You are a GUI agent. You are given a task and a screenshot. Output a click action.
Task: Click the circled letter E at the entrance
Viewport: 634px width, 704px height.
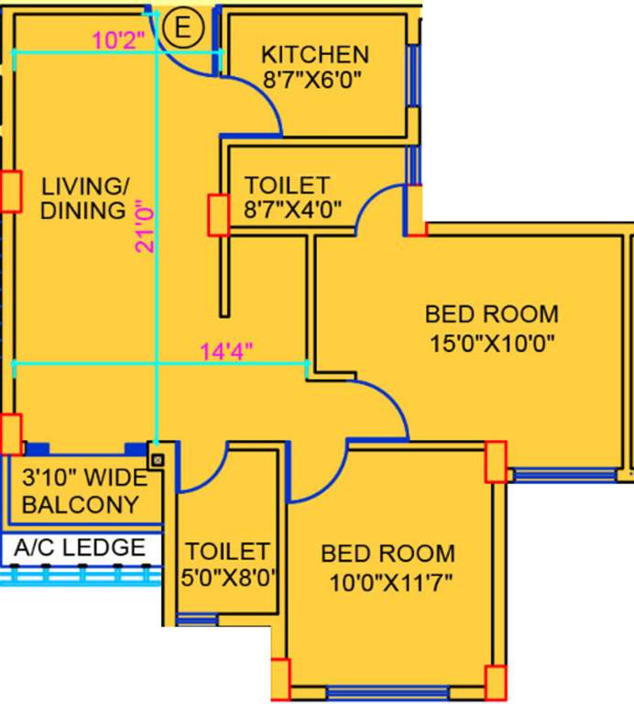coord(182,28)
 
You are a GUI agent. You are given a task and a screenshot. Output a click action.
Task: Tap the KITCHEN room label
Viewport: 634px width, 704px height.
coord(314,55)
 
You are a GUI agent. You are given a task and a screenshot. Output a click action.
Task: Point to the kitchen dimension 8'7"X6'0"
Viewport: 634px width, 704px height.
coord(314,80)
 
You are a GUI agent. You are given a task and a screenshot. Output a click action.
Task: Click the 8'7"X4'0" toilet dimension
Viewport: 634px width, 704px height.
coord(293,209)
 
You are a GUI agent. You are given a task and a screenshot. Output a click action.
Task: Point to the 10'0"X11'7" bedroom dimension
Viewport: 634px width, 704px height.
coord(388,581)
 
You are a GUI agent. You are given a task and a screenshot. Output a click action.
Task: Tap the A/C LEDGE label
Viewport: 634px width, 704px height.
coord(80,548)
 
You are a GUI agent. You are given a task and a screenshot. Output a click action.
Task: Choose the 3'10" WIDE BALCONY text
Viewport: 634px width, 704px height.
coord(81,491)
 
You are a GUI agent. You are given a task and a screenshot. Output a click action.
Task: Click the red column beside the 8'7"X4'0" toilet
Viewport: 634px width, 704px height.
coord(219,215)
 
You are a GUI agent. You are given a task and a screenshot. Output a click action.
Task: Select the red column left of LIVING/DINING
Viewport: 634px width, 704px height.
coord(10,192)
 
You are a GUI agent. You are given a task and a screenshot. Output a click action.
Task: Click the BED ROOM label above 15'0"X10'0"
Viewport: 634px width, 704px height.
coord(491,314)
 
